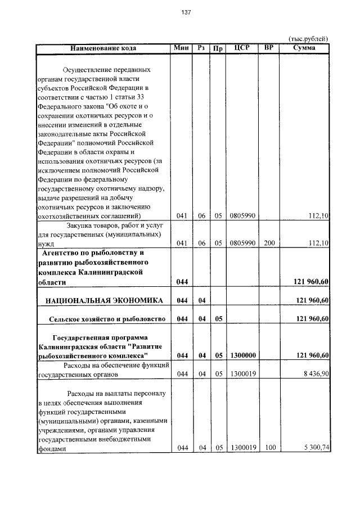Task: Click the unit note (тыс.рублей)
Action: pyautogui.click(x=308, y=39)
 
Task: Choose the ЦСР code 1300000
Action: pyautogui.click(x=244, y=355)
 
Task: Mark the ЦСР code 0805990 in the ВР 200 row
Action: pyautogui.click(x=244, y=243)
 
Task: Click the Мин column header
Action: pyautogui.click(x=181, y=48)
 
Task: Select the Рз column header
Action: pyautogui.click(x=200, y=48)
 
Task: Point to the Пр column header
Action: pyautogui.click(x=218, y=48)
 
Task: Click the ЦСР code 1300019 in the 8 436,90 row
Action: pyautogui.click(x=244, y=373)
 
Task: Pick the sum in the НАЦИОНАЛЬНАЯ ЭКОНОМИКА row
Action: pyautogui.click(x=311, y=300)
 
